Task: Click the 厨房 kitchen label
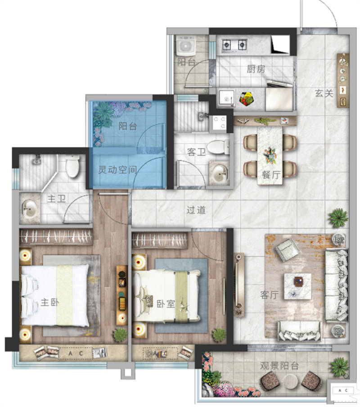point(256,69)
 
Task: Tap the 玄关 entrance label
point(324,93)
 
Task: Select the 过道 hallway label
point(196,210)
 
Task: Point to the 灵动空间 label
point(117,170)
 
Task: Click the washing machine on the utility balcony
point(186,45)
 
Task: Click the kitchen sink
point(226,98)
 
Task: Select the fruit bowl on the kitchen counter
point(246,99)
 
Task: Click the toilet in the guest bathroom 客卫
point(218,147)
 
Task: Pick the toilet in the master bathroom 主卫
point(72,166)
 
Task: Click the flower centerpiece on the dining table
point(270,155)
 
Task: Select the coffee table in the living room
point(297,286)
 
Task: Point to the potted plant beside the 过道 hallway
point(338,218)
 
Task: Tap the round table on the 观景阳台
point(292,381)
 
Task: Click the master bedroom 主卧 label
point(49,303)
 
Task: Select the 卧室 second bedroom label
point(166,304)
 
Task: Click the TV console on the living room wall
point(238,285)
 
